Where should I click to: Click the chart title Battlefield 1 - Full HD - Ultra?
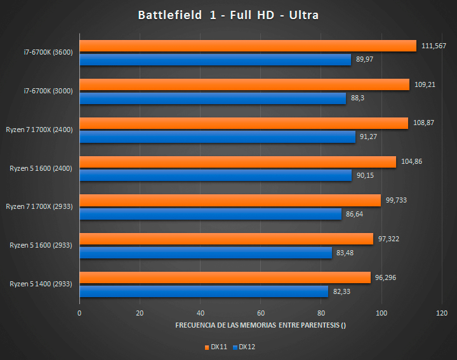228,15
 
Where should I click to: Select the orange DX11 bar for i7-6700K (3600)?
248,46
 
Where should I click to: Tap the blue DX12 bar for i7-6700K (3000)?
213,98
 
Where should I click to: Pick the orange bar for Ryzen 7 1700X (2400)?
244,123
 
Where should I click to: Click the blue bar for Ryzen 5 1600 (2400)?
215,176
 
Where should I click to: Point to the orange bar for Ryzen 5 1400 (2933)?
225,278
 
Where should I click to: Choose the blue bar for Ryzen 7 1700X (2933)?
210,215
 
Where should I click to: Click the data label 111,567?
434,46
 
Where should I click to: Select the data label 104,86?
412,162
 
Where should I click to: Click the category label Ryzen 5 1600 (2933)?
41,245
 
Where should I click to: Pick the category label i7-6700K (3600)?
48,52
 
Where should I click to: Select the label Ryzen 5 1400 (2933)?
41,284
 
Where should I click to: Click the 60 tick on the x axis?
261,313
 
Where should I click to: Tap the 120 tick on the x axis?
442,313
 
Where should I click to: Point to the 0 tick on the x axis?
79,313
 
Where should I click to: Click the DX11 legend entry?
215,347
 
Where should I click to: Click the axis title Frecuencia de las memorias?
261,326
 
